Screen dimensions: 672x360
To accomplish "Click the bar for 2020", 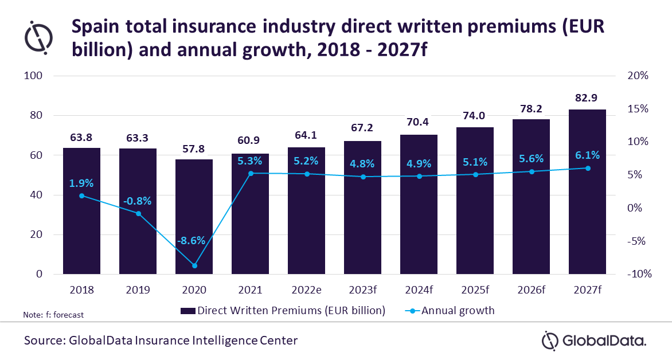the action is pos(194,217).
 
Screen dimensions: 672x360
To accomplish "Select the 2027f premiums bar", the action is pos(588,191).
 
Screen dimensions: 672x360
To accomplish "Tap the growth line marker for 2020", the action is pos(194,266).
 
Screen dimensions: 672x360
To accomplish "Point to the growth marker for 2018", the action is pos(82,196).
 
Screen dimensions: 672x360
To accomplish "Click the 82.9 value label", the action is pos(587,97).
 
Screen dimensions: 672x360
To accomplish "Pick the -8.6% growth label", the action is pos(191,240).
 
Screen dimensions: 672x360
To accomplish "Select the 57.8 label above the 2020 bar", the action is pos(194,148).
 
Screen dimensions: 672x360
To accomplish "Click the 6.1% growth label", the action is pos(587,155).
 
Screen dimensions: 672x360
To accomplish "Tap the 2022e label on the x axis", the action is pos(306,290).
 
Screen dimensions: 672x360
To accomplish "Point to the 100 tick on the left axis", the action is pos(33,76).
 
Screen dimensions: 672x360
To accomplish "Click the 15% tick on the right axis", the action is pos(638,109).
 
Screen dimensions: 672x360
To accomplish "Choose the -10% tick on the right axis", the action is pos(639,274).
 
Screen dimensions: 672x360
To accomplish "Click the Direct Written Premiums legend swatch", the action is pos(187,311).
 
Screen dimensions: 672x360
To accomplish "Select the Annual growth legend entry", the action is pos(450,311).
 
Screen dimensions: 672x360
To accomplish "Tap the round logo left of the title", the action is pos(38,37).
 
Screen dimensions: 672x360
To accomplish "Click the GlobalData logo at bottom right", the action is pos(593,341).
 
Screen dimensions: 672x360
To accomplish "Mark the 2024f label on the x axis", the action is pos(419,290).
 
